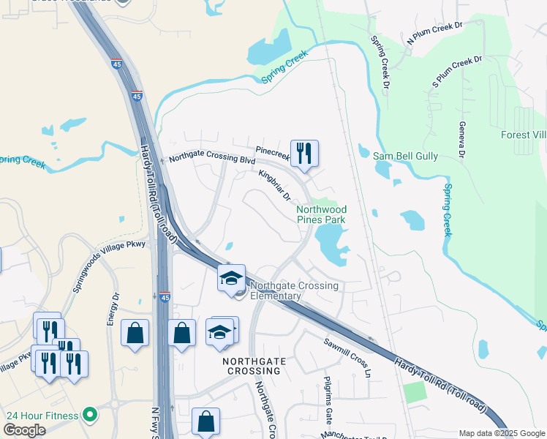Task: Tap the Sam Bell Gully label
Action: (405, 157)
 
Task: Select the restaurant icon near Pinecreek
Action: (304, 153)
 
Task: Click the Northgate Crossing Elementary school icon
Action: (231, 278)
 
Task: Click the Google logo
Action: (24, 431)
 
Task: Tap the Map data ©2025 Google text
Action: (502, 433)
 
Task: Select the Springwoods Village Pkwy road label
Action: (109, 266)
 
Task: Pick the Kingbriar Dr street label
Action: (275, 186)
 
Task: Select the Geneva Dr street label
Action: (462, 140)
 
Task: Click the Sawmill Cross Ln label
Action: (349, 356)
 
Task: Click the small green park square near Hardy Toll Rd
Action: (415, 392)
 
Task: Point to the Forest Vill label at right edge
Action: (523, 135)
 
